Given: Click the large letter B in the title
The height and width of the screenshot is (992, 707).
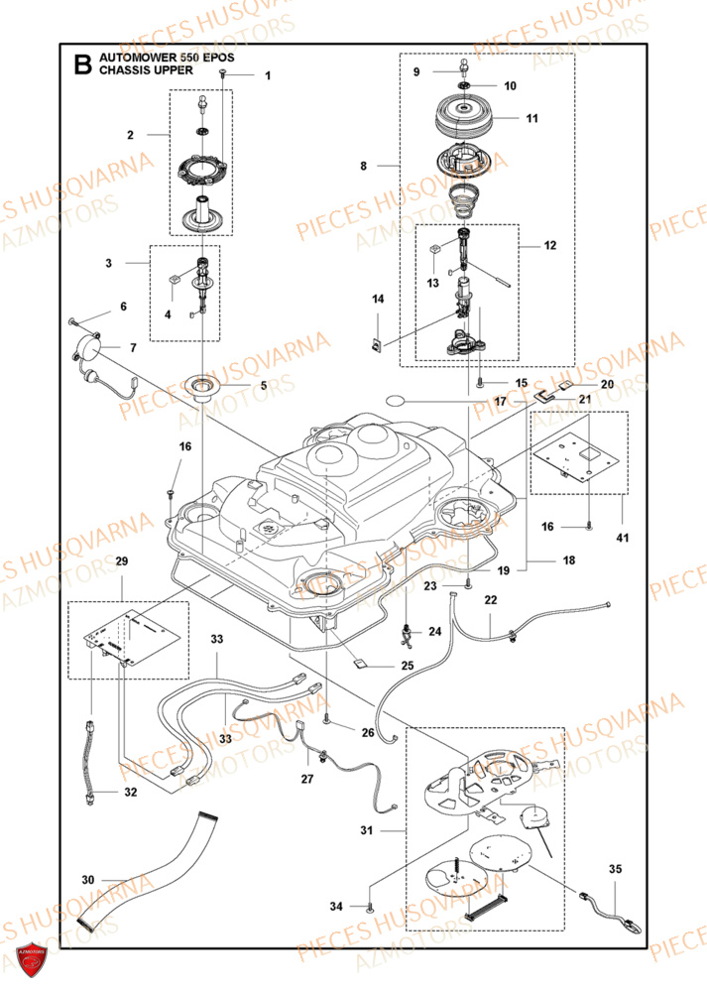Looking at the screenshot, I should [x=83, y=66].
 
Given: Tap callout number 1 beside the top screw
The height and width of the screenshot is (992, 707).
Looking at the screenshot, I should [x=267, y=75].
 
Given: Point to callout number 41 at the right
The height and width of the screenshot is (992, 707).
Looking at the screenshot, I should [x=622, y=537].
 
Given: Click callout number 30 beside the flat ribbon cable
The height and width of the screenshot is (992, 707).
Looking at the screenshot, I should [x=88, y=879].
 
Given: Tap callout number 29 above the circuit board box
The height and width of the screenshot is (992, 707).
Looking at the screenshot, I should [x=122, y=589].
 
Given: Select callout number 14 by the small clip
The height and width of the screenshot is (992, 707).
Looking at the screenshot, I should [x=377, y=299].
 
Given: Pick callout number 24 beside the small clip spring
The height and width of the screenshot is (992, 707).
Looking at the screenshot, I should [x=434, y=631].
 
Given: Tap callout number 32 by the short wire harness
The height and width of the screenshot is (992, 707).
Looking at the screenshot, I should [x=131, y=793].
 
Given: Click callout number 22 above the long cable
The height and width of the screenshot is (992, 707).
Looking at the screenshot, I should [x=490, y=600].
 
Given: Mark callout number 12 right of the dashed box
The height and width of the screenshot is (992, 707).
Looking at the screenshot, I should [x=550, y=244].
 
